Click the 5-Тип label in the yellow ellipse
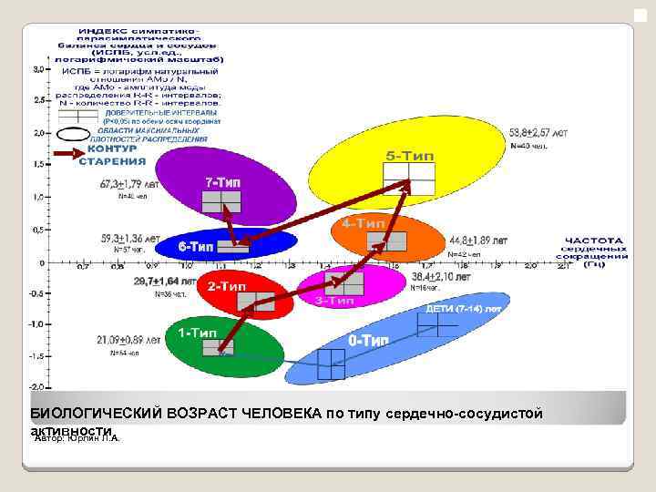coord(409,156)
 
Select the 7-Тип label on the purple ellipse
coord(222,182)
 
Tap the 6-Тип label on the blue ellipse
coord(195,246)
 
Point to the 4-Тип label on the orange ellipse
coord(363,222)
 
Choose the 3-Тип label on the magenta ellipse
coord(334,300)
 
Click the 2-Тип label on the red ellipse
coord(226,286)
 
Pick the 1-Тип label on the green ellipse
coord(197,333)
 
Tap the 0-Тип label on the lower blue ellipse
coord(369,340)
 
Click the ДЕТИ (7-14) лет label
coord(464,309)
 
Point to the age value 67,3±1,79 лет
coord(130,183)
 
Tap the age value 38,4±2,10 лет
coord(441,275)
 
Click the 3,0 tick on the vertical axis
coord(39,68)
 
